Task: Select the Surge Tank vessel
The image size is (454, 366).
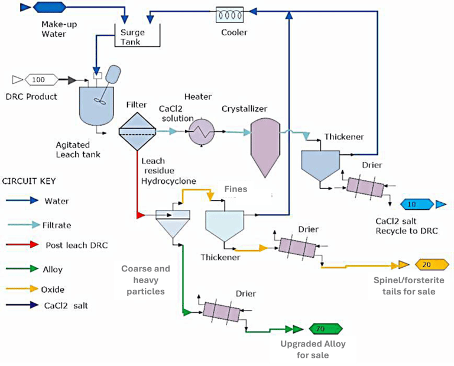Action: click(137, 37)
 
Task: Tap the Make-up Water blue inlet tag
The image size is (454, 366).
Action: click(43, 8)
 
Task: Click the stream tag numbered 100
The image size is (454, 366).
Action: click(38, 79)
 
